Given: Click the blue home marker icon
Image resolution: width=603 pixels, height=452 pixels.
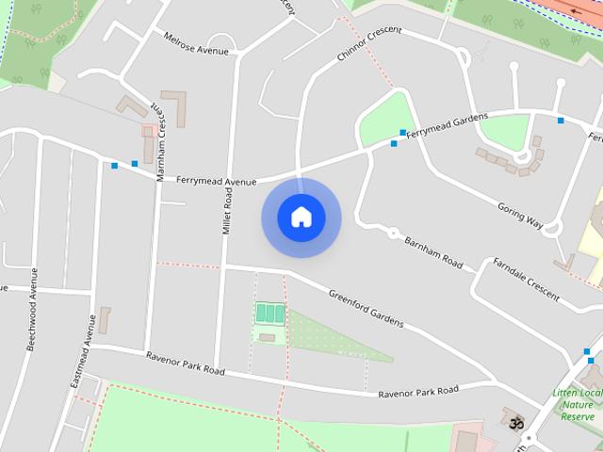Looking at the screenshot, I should click(301, 218).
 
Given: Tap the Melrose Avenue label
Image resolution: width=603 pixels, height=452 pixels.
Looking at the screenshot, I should click(196, 44).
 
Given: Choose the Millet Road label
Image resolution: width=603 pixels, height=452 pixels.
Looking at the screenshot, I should click(227, 209).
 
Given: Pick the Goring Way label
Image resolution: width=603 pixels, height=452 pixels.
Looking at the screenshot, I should click(521, 214).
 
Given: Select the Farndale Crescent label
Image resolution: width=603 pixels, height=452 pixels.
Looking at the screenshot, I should click(526, 280).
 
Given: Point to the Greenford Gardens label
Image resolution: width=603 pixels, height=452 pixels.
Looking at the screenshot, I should click(366, 307).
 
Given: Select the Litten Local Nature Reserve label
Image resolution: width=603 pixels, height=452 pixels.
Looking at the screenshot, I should click(578, 405).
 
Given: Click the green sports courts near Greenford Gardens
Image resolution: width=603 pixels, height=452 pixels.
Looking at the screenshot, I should click(269, 313).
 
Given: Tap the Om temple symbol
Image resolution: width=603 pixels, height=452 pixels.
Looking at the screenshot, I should click(515, 425).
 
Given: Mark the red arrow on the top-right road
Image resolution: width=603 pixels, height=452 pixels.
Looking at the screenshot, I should click(576, 15).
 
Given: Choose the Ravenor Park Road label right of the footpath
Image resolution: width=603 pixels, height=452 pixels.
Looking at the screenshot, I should click(418, 390).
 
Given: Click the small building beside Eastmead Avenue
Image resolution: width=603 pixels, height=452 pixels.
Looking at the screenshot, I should click(105, 320).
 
